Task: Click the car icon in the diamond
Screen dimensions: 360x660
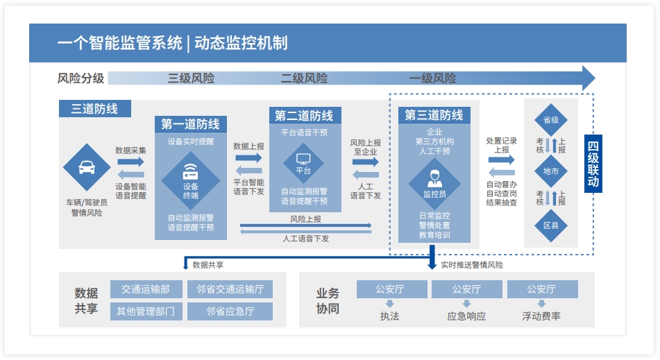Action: [x=87, y=167]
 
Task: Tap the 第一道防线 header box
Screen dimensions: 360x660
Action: [x=190, y=124]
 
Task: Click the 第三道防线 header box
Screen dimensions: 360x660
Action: [x=434, y=115]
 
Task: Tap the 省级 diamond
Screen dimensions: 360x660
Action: [x=551, y=120]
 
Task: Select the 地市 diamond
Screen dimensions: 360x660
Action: [x=551, y=171]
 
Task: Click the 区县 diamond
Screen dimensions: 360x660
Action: [x=551, y=225]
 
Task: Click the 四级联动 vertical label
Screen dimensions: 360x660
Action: [x=593, y=164]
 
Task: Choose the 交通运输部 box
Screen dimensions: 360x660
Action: [x=146, y=289]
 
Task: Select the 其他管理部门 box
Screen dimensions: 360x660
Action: [x=146, y=311]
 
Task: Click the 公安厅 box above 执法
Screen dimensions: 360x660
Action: [x=389, y=289]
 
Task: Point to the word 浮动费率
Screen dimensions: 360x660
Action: [x=541, y=316]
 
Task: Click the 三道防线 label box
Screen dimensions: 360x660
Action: [x=94, y=109]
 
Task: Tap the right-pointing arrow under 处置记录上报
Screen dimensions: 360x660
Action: [x=501, y=160]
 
